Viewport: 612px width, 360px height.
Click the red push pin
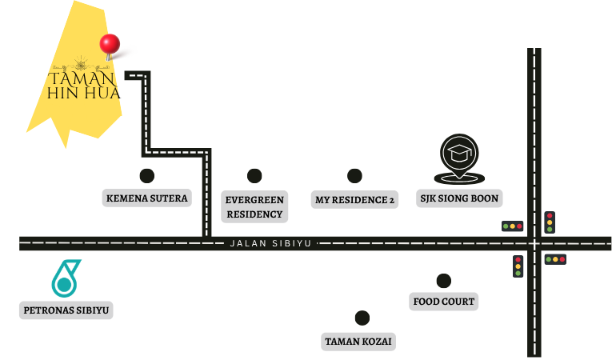pos(110,45)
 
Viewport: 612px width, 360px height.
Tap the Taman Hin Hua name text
pos(83,85)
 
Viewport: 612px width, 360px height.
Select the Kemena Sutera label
pos(146,198)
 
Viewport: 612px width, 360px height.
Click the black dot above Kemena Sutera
pos(146,176)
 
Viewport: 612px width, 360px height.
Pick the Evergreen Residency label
pos(254,207)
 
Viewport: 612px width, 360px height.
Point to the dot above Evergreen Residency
pos(254,176)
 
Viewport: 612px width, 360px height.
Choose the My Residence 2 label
pos(354,200)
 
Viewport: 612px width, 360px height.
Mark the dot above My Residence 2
pos(354,176)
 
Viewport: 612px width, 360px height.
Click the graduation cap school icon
pos(459,158)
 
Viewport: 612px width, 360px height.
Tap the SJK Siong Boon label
pos(459,198)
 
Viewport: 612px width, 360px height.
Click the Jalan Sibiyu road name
pos(270,244)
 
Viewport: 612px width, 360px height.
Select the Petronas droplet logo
pos(66,278)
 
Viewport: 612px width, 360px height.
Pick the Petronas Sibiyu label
pos(66,310)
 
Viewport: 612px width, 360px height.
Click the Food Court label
pos(444,302)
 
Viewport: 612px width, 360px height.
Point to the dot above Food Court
pos(444,281)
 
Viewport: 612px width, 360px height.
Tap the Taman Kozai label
pos(358,342)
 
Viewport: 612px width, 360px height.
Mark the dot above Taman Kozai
pos(362,318)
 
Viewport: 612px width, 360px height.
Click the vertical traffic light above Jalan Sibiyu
pos(550,222)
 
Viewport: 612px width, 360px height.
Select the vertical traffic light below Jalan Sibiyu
pos(518,266)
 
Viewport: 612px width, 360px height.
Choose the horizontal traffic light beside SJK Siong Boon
pos(513,226)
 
